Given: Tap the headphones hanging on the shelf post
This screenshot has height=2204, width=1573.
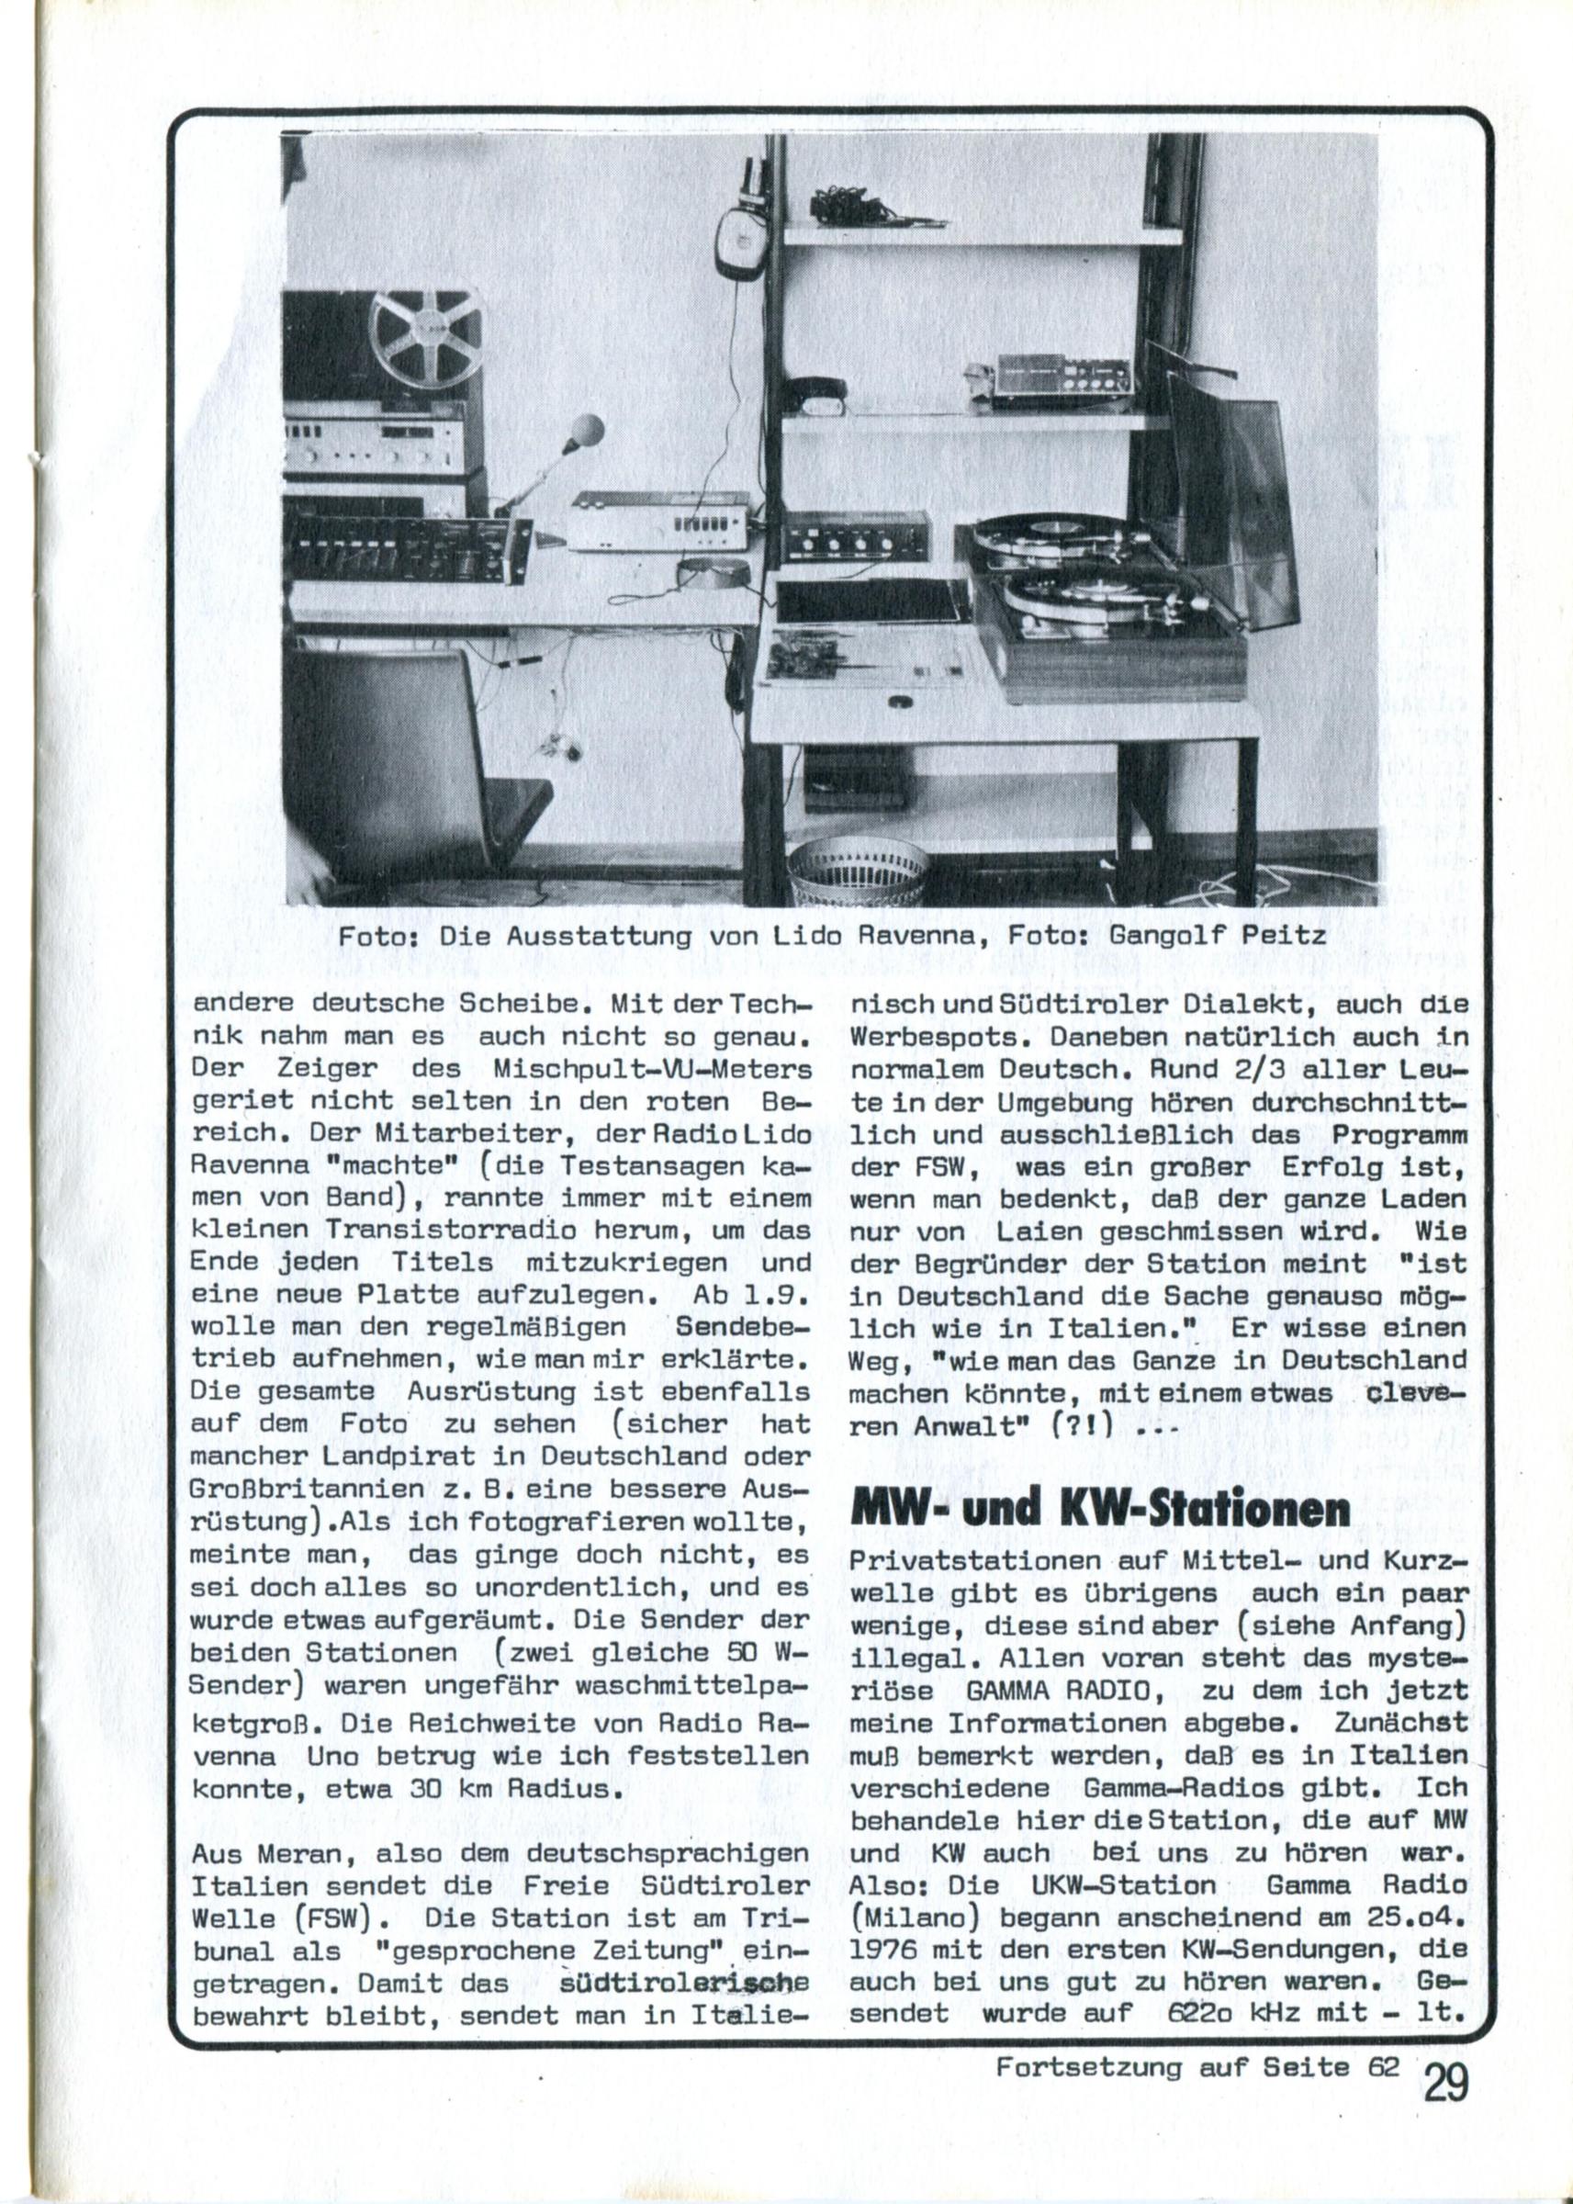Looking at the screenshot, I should (x=741, y=233).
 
